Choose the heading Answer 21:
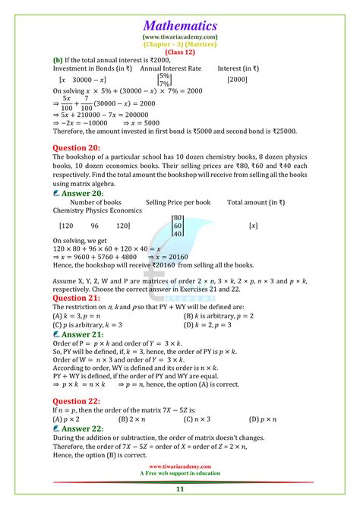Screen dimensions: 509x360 point(81,333)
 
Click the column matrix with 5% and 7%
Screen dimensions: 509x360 point(163,80)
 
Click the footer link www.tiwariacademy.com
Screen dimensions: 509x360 point(180,466)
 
